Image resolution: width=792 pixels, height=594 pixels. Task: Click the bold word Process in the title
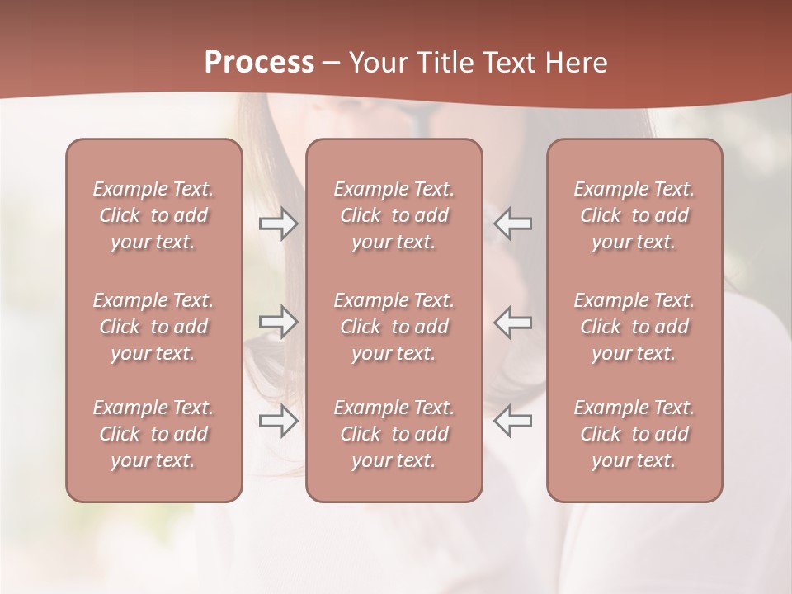click(x=259, y=63)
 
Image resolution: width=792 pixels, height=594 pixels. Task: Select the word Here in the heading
click(x=577, y=63)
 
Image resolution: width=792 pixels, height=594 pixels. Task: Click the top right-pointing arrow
click(x=278, y=224)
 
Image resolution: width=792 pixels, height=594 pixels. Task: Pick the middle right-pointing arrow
click(x=278, y=322)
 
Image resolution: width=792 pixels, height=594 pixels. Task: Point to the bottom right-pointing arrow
click(x=278, y=421)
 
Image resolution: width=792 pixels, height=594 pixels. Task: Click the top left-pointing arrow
click(x=513, y=224)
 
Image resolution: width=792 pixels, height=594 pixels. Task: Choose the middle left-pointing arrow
click(x=513, y=322)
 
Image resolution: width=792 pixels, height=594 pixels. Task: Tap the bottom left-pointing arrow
click(x=513, y=421)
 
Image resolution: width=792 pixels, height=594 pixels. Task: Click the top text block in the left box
click(x=153, y=215)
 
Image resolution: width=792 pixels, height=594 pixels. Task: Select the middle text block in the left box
click(x=153, y=327)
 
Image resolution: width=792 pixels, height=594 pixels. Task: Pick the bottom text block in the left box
click(x=153, y=434)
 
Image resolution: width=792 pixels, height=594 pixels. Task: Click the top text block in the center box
click(x=394, y=215)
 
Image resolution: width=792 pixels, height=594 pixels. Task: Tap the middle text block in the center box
click(x=394, y=327)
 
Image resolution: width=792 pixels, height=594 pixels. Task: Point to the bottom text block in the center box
click(x=394, y=434)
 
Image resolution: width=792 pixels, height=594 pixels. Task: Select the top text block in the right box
click(x=634, y=215)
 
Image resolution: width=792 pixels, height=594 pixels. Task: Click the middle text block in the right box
click(x=634, y=327)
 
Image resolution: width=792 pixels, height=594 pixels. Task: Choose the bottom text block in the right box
click(x=634, y=434)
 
